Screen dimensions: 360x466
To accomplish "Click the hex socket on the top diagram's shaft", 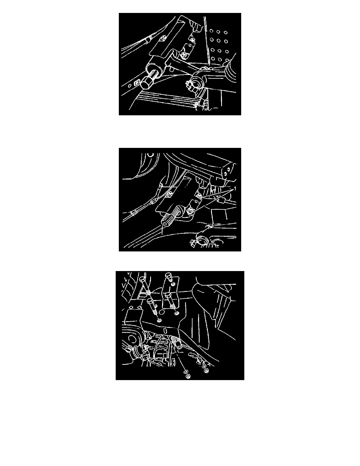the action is (x=146, y=84).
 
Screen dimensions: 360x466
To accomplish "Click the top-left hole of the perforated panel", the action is (x=211, y=31).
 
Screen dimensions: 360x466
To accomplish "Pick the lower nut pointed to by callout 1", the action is (x=191, y=211).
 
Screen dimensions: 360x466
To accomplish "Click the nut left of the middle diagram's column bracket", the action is (x=169, y=195).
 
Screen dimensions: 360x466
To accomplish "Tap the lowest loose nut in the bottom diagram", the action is (x=187, y=376).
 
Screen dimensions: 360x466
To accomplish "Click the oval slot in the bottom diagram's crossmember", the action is (x=164, y=331).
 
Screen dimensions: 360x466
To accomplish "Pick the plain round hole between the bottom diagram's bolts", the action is (x=162, y=312).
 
